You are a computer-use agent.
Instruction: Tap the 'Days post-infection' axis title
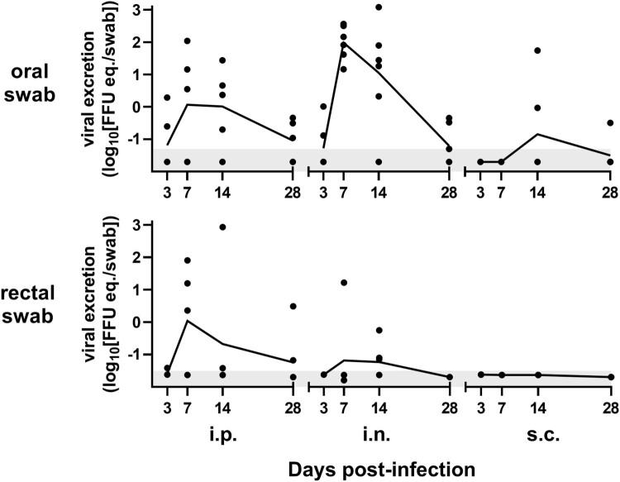point(382,469)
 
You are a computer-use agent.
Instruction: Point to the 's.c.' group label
point(539,432)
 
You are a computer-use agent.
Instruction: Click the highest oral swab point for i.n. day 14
point(379,7)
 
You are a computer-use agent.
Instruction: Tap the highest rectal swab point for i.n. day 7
point(343,283)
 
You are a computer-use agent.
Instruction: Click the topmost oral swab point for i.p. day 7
point(188,41)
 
